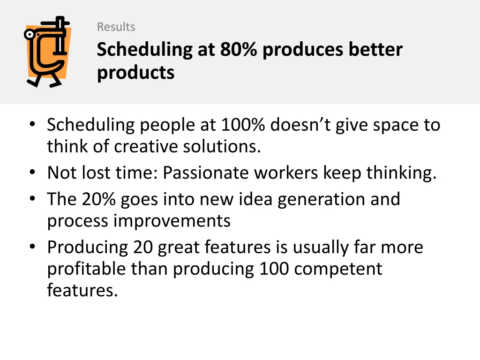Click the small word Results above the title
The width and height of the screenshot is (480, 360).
click(x=116, y=27)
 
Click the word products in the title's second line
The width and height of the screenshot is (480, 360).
click(x=135, y=73)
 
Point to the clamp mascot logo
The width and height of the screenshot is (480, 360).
click(x=48, y=52)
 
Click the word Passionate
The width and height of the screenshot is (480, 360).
click(x=206, y=173)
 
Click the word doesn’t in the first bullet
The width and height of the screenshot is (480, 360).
click(x=292, y=125)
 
